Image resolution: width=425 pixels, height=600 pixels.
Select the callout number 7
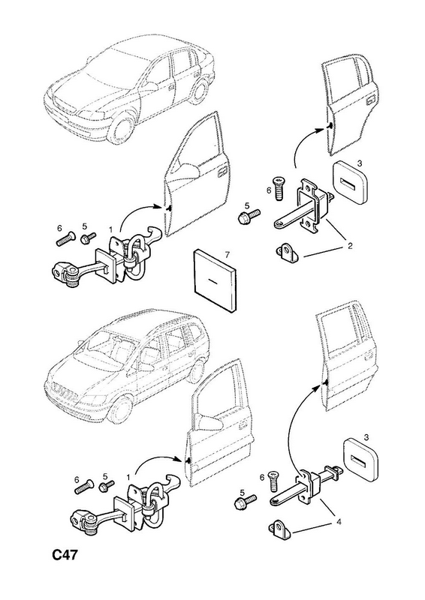227,254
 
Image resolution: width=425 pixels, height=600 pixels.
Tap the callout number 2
349,245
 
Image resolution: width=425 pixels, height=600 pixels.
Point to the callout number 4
339,521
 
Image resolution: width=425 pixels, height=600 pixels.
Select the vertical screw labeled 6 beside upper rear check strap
279,188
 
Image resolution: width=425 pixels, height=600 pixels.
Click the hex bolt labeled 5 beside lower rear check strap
244,500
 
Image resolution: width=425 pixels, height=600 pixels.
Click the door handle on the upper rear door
372,100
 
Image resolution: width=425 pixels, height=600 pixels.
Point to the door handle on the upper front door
222,173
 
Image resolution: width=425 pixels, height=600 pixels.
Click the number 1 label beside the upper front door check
110,229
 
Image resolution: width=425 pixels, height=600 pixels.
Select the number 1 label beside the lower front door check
128,477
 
